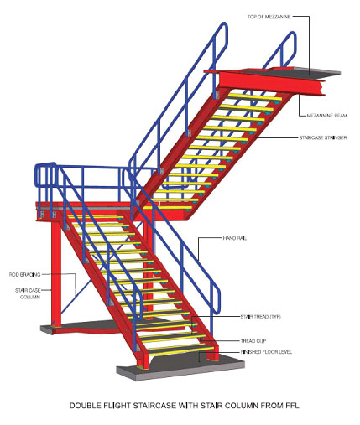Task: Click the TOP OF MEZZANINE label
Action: pos(269,17)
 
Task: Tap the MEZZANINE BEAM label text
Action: pos(326,116)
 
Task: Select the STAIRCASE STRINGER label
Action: pos(323,137)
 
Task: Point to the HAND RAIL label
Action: pos(235,238)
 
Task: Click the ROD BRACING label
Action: pos(25,275)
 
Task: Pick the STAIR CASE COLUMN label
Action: pos(28,293)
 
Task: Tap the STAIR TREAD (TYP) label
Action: pos(261,317)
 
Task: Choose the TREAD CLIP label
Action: pos(253,341)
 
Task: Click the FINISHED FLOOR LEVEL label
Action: pos(266,352)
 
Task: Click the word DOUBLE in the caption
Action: pos(84,406)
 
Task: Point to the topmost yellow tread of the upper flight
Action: pos(253,97)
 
